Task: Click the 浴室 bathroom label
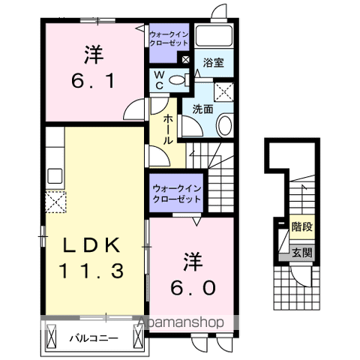pos(213,63)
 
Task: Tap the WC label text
pos(159,80)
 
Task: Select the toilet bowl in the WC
pos(177,80)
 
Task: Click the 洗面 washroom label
pos(202,109)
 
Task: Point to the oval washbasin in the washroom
pos(224,125)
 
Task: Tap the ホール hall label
pos(168,129)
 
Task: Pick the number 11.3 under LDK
pos(91,271)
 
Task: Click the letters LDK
pos(91,245)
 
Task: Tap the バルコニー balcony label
pos(94,339)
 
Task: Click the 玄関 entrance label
pos(302,253)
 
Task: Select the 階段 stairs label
pos(302,227)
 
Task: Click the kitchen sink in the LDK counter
pos(55,175)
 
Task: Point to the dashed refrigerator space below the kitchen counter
pos(55,202)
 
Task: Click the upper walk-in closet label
pos(169,39)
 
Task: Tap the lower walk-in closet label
pos(177,193)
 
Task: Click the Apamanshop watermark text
pos(180,322)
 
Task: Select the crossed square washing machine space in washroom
pos(224,91)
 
